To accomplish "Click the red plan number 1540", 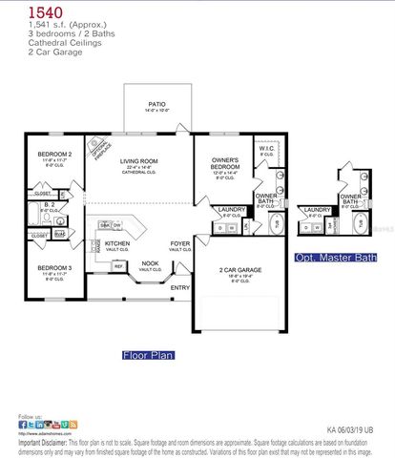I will coord(33,11).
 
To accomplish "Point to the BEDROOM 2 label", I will coord(54,154).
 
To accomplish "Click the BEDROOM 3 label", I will coord(54,268).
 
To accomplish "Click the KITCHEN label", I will coord(117,243).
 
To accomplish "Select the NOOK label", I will coord(150,263).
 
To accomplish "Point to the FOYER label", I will coord(180,243).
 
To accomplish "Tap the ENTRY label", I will coord(180,287).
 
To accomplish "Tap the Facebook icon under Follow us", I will coord(23,425).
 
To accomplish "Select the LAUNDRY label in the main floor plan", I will coord(232,209).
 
